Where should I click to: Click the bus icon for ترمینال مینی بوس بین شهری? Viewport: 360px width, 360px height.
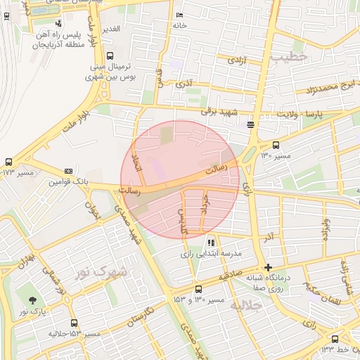coord(110,56)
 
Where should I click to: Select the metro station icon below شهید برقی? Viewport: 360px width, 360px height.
coord(251,125)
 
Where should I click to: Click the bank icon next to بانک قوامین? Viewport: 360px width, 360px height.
coord(68,171)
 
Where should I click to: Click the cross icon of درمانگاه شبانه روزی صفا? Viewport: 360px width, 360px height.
coord(267,267)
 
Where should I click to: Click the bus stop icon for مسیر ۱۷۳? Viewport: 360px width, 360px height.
coord(8,162)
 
